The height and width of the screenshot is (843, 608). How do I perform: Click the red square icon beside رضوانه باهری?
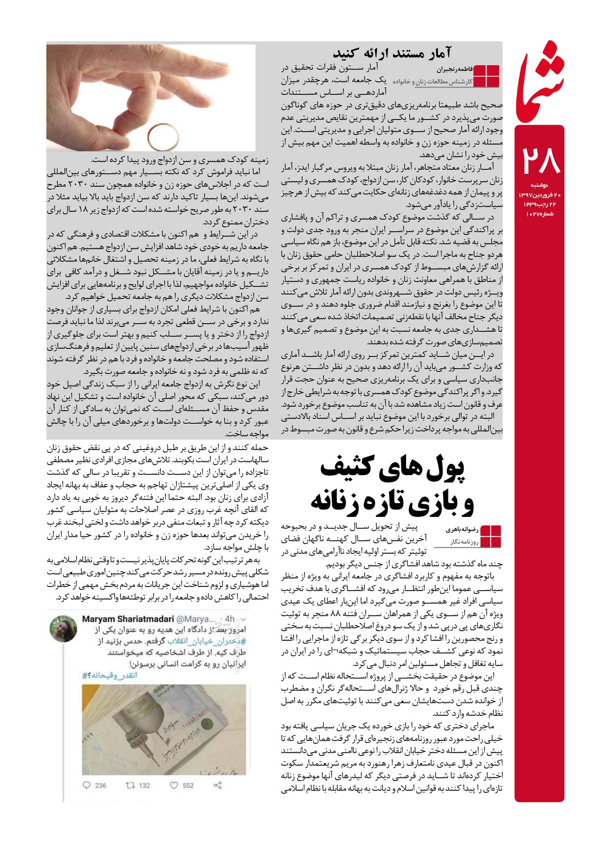click(x=489, y=536)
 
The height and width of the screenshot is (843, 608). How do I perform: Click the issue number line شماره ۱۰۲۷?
click(x=540, y=213)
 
